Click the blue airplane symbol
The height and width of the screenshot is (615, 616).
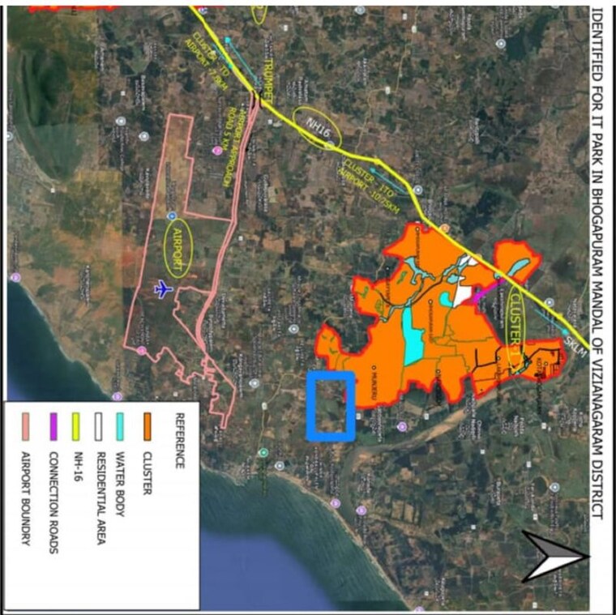click(x=163, y=289)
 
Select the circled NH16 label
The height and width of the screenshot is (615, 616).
click(x=313, y=122)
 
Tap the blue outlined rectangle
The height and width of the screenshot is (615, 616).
click(x=331, y=406)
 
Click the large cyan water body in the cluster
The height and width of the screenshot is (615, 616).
click(x=413, y=333)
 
